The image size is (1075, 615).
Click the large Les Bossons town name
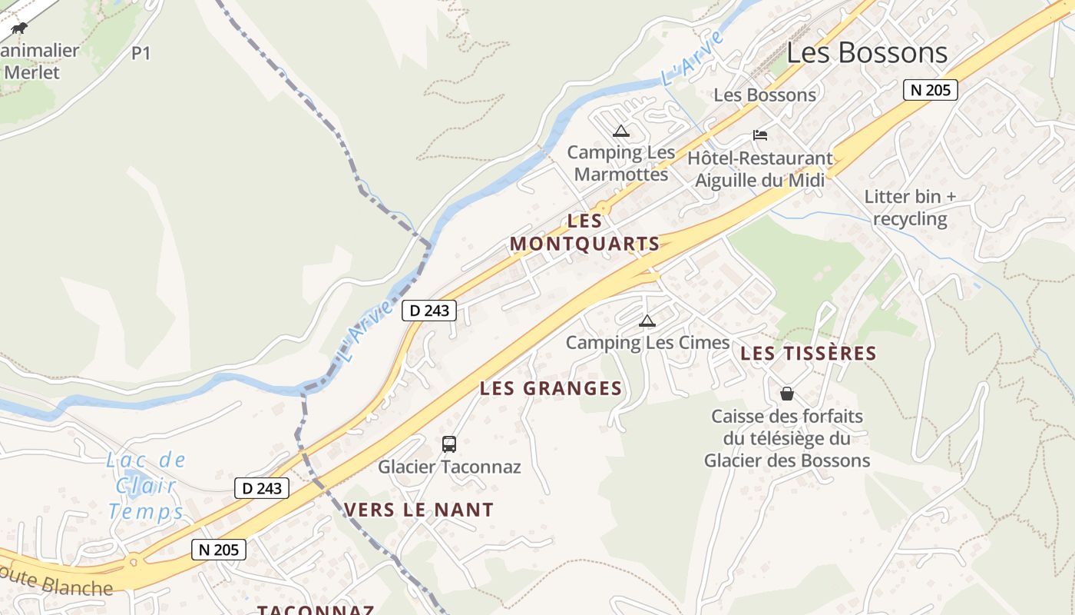867,52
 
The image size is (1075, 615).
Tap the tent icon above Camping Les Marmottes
621,131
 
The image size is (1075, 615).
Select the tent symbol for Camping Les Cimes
647,321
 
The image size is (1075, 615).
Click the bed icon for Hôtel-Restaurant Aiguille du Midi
760,135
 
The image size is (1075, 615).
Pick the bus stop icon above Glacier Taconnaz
449,444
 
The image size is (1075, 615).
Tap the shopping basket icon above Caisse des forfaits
787,394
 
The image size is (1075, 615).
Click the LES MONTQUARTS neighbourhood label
585,232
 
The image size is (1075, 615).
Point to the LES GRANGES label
551,388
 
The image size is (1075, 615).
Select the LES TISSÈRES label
808,353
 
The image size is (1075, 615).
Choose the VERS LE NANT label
418,509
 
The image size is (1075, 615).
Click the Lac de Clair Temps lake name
147,486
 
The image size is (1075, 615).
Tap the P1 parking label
141,53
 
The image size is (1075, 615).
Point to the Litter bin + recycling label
910,208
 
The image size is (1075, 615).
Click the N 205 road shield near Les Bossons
930,90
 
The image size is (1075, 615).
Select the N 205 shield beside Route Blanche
219,550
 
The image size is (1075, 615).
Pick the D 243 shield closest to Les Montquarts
429,311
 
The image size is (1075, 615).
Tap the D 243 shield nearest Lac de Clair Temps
262,488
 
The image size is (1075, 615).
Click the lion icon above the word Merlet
19,29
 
